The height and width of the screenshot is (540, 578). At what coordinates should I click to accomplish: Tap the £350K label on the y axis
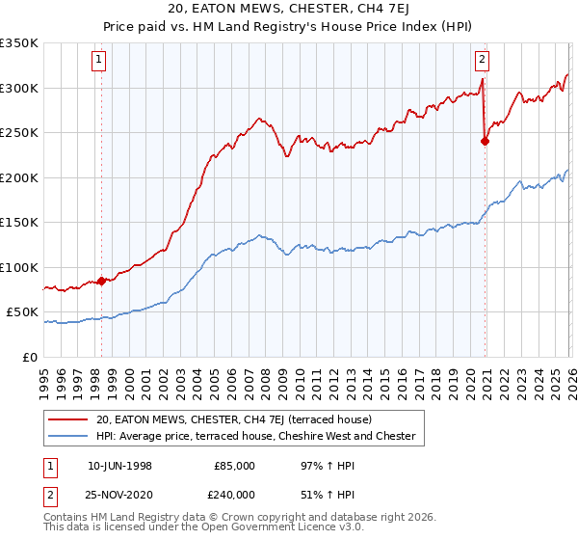[19, 43]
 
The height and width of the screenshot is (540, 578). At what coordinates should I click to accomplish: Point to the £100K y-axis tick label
[19, 267]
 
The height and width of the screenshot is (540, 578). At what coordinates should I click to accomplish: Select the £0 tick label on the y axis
[29, 357]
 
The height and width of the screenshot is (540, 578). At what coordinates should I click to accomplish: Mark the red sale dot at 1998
[101, 281]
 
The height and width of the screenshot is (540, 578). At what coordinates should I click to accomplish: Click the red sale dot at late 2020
[485, 142]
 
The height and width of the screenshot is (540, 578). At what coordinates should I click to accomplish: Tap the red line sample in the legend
[69, 419]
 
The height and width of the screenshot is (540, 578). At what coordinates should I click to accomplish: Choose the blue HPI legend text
[255, 437]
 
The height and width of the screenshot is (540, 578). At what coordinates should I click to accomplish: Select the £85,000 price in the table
[234, 466]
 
